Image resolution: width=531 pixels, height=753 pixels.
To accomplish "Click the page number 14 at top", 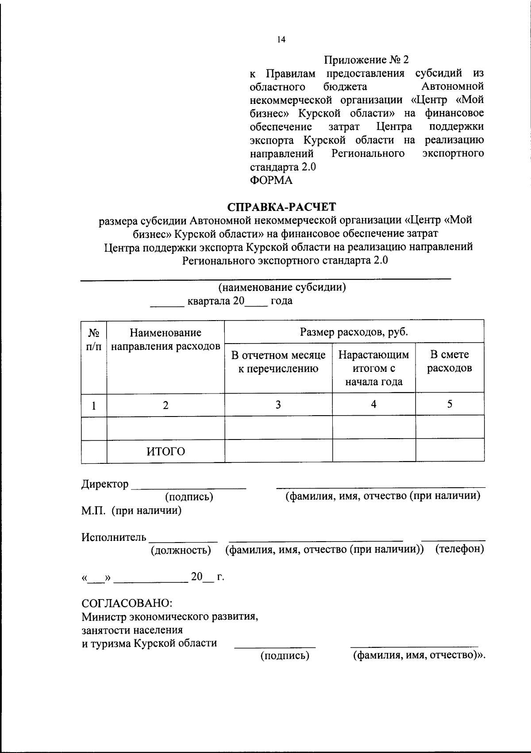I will [x=281, y=40].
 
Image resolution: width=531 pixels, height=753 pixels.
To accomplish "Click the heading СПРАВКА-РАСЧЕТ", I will [x=281, y=206].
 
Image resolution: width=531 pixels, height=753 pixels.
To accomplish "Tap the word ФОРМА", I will [x=271, y=180].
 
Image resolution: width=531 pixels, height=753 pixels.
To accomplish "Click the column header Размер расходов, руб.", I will [x=354, y=332].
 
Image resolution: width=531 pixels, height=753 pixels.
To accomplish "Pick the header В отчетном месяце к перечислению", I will [x=278, y=362].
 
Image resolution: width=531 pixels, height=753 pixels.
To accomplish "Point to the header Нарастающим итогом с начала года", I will [x=373, y=368].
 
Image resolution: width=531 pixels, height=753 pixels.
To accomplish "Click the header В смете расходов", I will [x=449, y=361].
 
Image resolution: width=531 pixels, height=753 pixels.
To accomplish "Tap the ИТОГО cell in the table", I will [x=165, y=451].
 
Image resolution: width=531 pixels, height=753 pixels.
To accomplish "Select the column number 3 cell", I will [x=278, y=405].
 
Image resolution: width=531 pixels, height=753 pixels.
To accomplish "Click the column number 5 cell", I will [x=450, y=404].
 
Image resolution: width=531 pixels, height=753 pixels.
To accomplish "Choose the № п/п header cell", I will [x=93, y=340].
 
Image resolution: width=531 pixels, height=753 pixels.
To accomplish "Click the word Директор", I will [x=105, y=484].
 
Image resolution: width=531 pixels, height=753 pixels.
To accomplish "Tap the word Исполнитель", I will [x=114, y=537].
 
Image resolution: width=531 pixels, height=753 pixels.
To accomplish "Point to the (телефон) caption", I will [x=459, y=549].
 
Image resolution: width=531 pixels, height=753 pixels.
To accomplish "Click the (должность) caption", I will [x=181, y=550].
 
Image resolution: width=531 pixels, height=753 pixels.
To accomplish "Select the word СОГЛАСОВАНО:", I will [x=127, y=603].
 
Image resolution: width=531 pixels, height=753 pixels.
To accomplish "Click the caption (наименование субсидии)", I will [x=282, y=287].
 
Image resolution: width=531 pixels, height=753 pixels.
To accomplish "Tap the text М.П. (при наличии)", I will [x=131, y=511].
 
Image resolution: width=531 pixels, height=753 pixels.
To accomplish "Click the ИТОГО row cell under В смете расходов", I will [x=450, y=451].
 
